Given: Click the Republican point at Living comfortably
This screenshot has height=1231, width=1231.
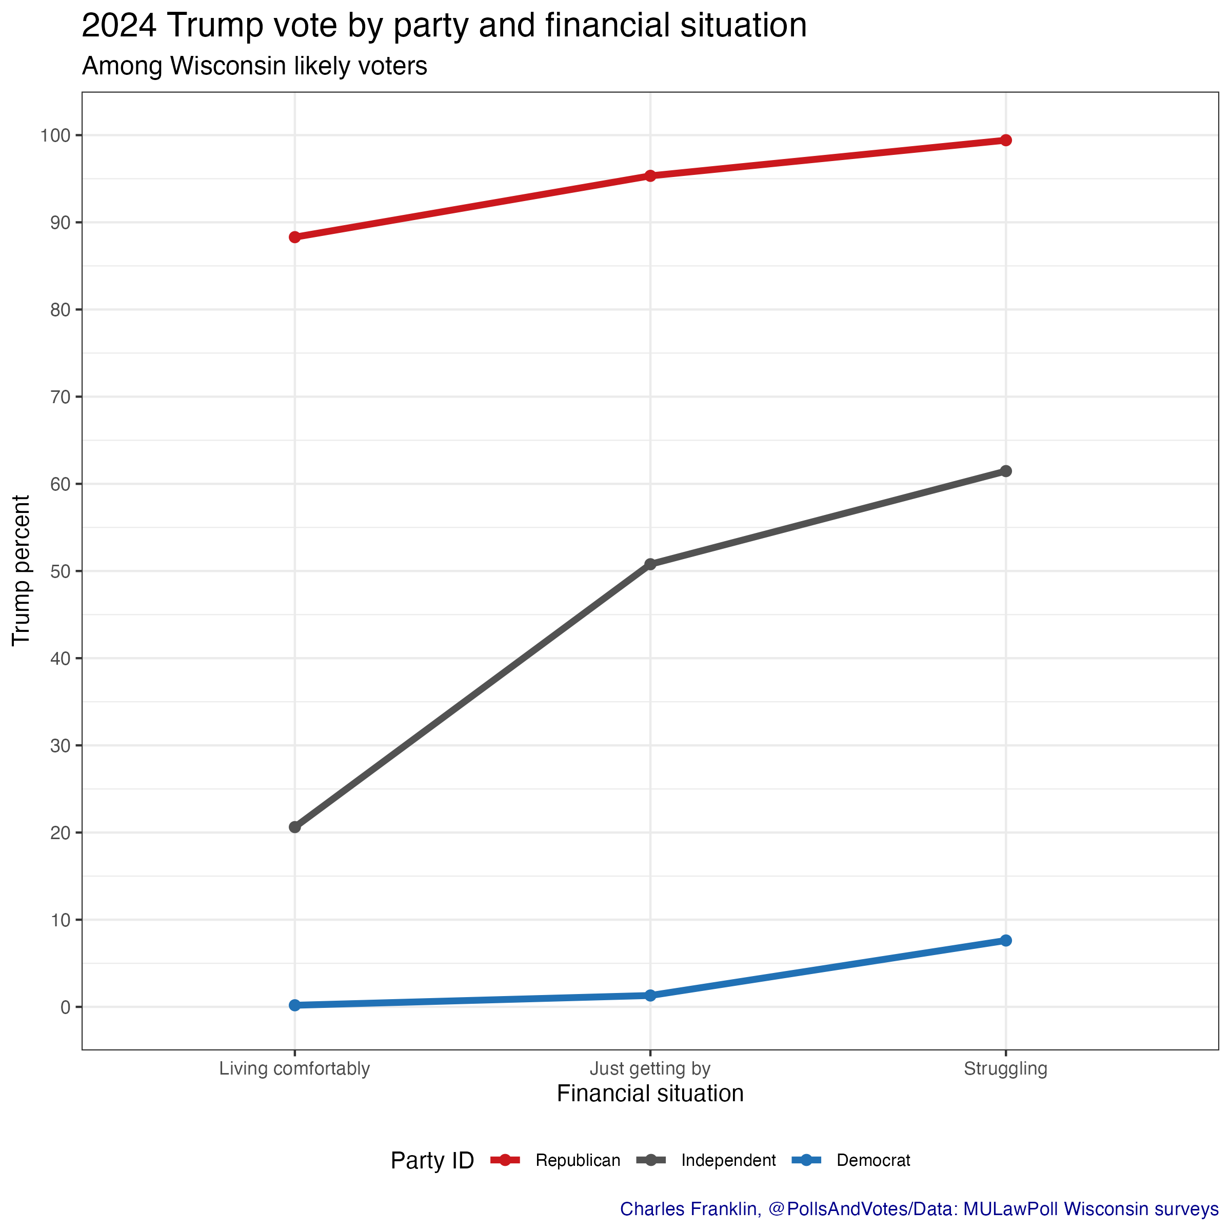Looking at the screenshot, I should (x=294, y=237).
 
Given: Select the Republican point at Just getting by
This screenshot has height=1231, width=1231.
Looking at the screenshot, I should (x=650, y=176).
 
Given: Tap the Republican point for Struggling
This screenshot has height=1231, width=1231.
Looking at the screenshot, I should (x=1005, y=140).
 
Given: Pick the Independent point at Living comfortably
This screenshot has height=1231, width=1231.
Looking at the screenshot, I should (x=294, y=827).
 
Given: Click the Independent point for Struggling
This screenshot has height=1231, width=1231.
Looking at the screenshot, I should (x=1005, y=471).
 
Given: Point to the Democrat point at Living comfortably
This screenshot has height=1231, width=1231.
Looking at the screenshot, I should (x=294, y=1005).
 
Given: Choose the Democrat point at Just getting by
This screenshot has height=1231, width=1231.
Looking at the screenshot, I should (x=650, y=995).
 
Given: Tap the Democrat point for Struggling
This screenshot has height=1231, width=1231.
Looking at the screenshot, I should (x=1005, y=941).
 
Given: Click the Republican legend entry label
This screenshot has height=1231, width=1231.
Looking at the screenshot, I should (x=577, y=1160).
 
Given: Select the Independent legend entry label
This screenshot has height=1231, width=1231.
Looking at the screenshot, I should (x=728, y=1160).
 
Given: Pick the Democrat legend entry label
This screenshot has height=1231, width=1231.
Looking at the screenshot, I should (x=873, y=1160).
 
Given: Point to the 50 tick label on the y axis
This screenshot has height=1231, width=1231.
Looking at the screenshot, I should (x=61, y=571).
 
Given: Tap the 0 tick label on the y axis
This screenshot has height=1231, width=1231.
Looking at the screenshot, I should (x=65, y=1007).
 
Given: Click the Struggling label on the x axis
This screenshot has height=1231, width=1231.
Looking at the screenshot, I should (x=1005, y=1068).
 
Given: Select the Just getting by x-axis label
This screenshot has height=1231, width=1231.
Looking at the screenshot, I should (x=650, y=1068).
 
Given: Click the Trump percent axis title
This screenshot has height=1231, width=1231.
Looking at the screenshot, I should (x=22, y=570).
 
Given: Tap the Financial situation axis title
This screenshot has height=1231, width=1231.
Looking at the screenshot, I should (x=650, y=1094).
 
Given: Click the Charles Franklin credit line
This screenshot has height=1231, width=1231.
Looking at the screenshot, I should (x=919, y=1209).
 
